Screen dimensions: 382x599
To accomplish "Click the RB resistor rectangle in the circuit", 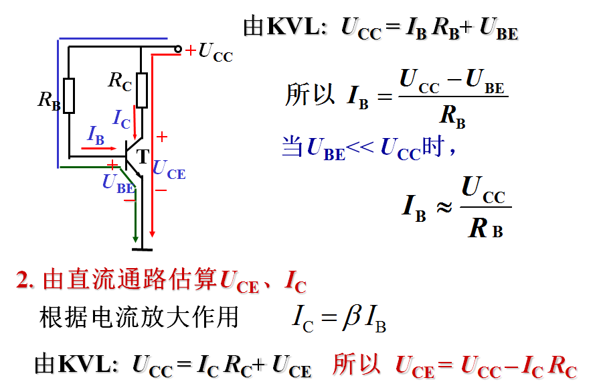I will tap(69, 95).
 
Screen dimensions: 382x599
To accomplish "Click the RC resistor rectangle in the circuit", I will tap(141, 90).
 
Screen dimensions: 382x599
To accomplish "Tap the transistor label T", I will tap(143, 157).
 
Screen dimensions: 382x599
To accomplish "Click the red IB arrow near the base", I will tap(96, 145).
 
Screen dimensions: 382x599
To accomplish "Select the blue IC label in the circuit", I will tap(122, 119).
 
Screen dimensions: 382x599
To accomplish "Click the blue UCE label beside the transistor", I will tap(169, 169).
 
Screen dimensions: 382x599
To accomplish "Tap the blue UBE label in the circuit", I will tap(117, 183).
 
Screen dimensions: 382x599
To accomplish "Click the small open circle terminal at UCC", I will tap(178, 48).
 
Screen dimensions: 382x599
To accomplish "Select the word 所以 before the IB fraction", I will tap(310, 94).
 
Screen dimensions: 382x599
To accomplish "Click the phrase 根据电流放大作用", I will tap(139, 317).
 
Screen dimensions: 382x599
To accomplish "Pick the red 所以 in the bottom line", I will tap(356, 365).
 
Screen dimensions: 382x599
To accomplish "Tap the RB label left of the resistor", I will tap(49, 101).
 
